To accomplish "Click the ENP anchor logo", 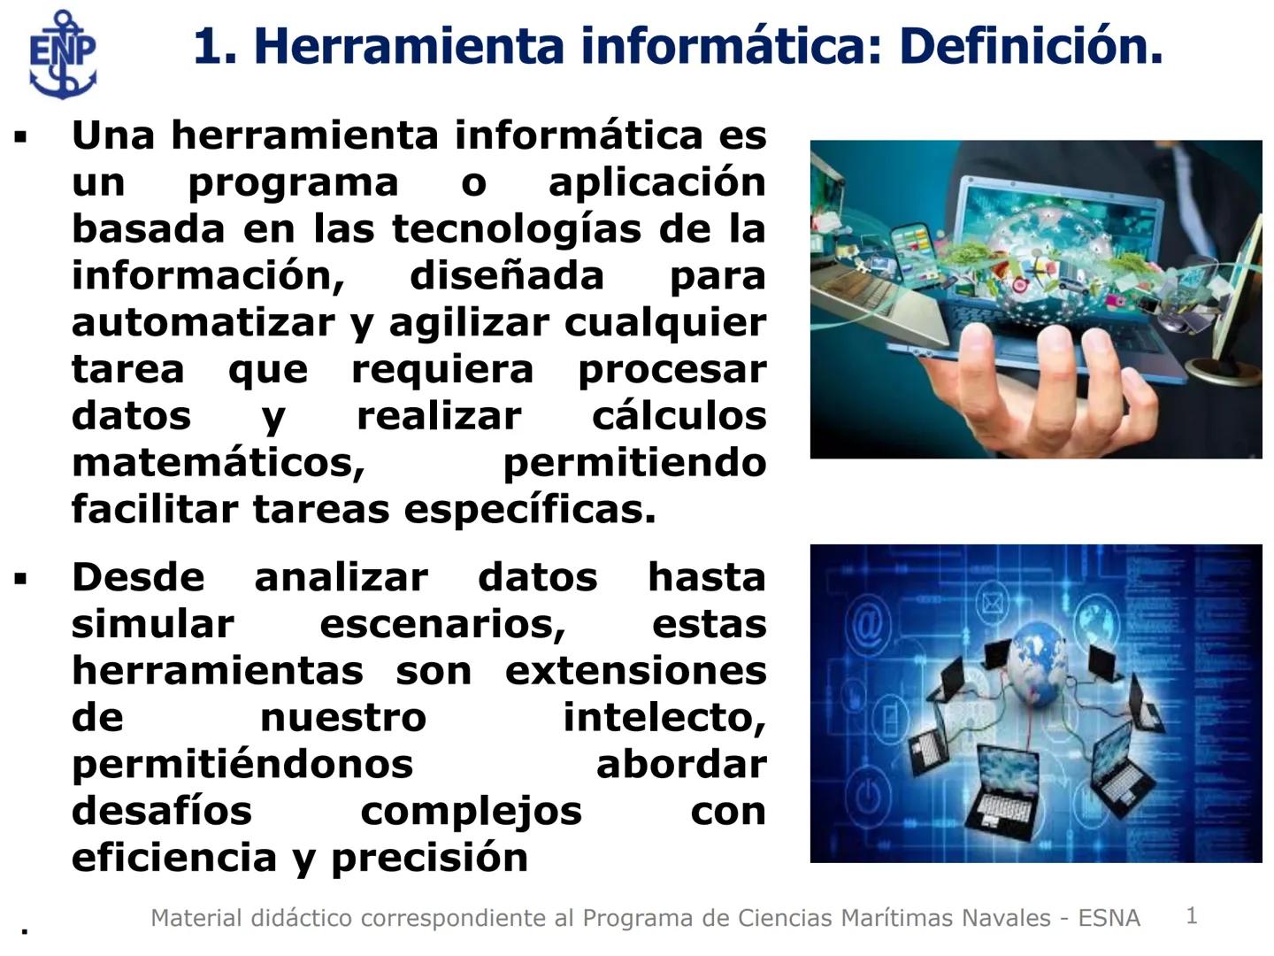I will pyautogui.click(x=62, y=53).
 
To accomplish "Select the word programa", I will pyautogui.click(x=293, y=182).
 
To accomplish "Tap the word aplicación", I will pyautogui.click(x=656, y=182).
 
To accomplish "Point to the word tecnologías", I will pyautogui.click(x=517, y=229).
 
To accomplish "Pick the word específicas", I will pyautogui.click(x=529, y=510).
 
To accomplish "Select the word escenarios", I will pyautogui.click(x=442, y=624).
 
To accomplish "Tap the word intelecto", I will pyautogui.click(x=664, y=718).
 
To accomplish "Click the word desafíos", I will pyautogui.click(x=162, y=811).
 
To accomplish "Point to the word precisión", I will pyautogui.click(x=429, y=858).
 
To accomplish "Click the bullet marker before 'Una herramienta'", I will pyautogui.click(x=21, y=137).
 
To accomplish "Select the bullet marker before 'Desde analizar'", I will pyautogui.click(x=21, y=580).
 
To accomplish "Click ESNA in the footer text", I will pyautogui.click(x=1109, y=918).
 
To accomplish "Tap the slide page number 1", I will pyautogui.click(x=1192, y=915).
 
